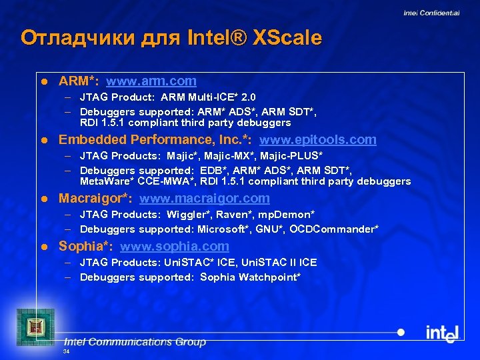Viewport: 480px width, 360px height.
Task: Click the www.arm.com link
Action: [x=151, y=81]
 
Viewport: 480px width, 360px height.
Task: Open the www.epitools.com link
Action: [x=317, y=140]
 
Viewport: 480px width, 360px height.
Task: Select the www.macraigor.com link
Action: [x=205, y=199]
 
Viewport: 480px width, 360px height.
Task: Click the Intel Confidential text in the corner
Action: [x=431, y=13]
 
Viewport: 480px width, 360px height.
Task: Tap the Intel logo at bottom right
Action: [x=442, y=333]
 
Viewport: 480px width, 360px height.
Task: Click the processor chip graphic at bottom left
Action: [x=33, y=326]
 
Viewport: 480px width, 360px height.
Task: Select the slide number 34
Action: [x=65, y=351]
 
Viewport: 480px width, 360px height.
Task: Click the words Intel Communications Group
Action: [x=135, y=342]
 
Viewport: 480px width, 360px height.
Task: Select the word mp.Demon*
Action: [x=287, y=215]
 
